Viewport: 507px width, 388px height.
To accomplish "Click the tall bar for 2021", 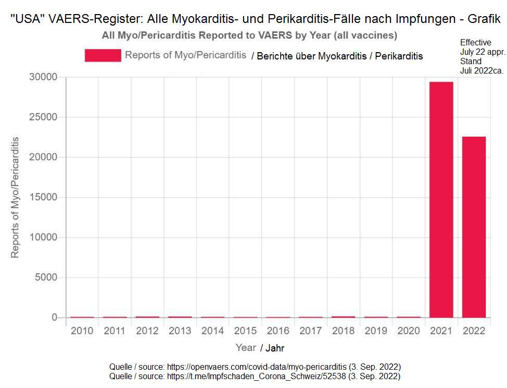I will click(x=441, y=199).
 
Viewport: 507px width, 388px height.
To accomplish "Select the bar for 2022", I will click(x=474, y=227).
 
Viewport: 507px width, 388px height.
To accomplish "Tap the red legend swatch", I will click(x=103, y=55).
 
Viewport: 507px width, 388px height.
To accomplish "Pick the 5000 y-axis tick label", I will click(x=47, y=277).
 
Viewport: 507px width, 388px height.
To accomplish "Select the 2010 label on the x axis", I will click(x=82, y=331).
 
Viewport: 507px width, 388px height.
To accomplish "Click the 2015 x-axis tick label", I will click(x=245, y=331).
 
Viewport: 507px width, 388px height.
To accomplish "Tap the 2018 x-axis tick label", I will click(x=343, y=331).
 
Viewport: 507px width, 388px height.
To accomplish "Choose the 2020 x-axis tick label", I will click(x=408, y=331).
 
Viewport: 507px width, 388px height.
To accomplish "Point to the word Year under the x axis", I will click(x=246, y=347).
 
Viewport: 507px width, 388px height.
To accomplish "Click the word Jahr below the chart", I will click(x=276, y=348).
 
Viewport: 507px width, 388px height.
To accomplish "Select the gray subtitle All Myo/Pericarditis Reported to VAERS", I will click(x=250, y=35).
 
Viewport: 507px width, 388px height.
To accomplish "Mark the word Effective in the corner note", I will click(x=476, y=42).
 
